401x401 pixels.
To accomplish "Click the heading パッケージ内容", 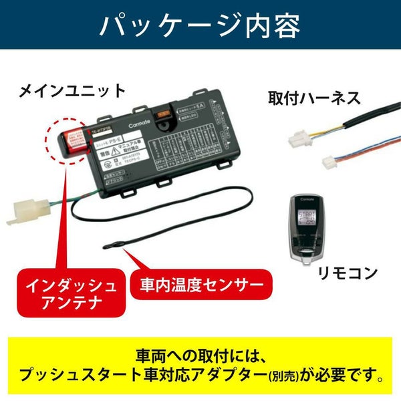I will coord(200,25).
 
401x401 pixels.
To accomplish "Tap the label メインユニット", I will coord(72,90).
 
